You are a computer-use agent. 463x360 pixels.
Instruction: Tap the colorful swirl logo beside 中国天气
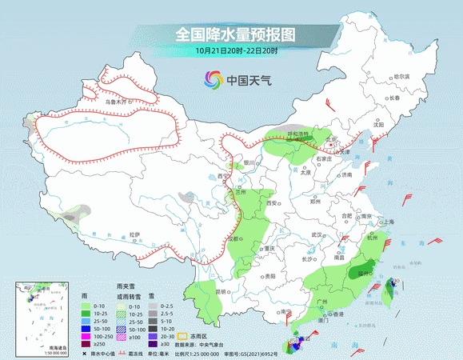point(212,80)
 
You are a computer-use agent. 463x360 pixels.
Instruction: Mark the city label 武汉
point(317,234)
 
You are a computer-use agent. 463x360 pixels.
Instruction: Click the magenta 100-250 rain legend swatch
point(85,336)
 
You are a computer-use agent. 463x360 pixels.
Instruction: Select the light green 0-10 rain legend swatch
point(85,306)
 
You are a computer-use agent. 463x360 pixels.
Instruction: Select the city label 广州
point(322,302)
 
